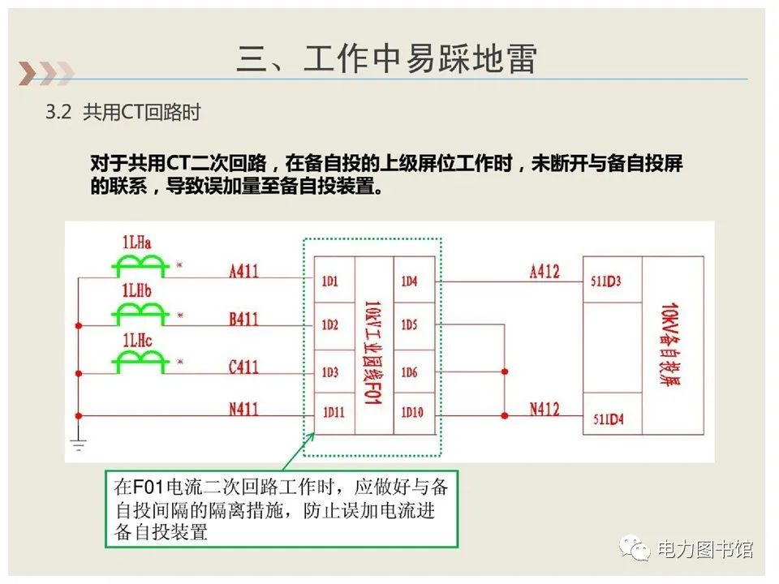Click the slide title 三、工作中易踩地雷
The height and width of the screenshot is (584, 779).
click(387, 59)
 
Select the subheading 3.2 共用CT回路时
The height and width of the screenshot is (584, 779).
click(123, 113)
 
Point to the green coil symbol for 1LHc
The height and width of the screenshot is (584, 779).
click(140, 362)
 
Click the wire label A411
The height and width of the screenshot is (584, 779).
click(243, 271)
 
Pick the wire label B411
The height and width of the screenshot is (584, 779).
click(243, 319)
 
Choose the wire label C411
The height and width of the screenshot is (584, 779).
click(243, 367)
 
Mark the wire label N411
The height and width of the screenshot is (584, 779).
click(243, 410)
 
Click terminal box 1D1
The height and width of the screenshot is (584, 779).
click(330, 281)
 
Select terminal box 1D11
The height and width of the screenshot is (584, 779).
click(332, 412)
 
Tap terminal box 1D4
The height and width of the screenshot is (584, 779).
click(409, 281)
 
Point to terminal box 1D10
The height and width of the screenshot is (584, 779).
click(411, 412)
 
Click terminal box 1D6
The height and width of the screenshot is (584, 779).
click(409, 372)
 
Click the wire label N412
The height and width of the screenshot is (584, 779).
click(544, 409)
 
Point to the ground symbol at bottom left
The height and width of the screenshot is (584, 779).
click(78, 442)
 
